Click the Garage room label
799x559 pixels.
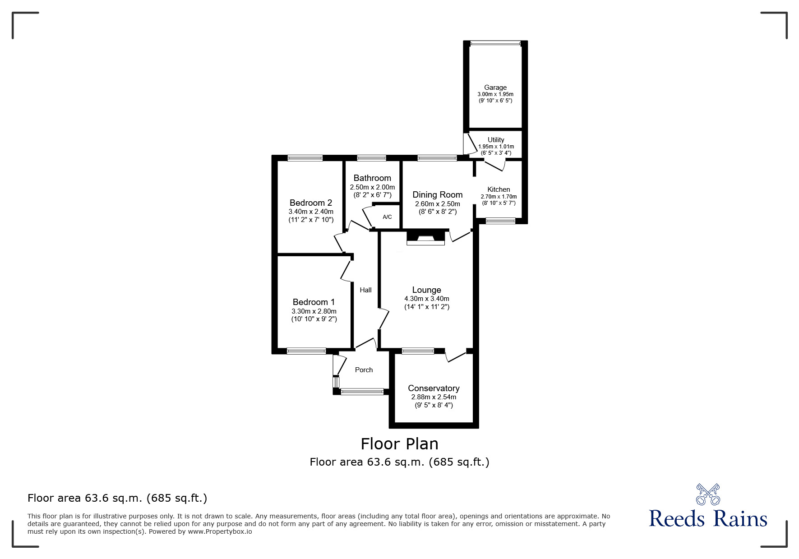(x=495, y=88)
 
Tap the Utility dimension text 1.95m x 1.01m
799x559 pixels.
(x=496, y=147)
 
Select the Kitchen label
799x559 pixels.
(x=499, y=189)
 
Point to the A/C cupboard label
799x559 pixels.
(x=387, y=217)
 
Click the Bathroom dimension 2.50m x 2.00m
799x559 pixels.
(x=372, y=187)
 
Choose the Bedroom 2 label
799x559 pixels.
(x=311, y=203)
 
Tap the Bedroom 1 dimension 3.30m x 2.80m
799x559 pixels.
(x=314, y=311)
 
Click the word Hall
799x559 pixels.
(x=365, y=290)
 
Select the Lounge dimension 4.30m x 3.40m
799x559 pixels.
(x=426, y=299)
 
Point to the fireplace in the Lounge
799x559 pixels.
(x=425, y=238)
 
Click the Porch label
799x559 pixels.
(x=364, y=370)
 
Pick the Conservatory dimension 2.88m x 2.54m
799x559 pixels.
(x=434, y=397)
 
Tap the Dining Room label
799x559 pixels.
(x=437, y=194)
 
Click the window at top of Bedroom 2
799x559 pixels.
(x=305, y=158)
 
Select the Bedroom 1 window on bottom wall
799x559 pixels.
(x=306, y=351)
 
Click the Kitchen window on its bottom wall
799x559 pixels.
(x=500, y=221)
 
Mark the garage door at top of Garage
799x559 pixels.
(x=495, y=43)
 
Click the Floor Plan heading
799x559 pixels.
(x=399, y=444)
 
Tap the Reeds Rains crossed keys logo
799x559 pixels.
(x=708, y=494)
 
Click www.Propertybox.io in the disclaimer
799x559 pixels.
(x=220, y=531)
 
